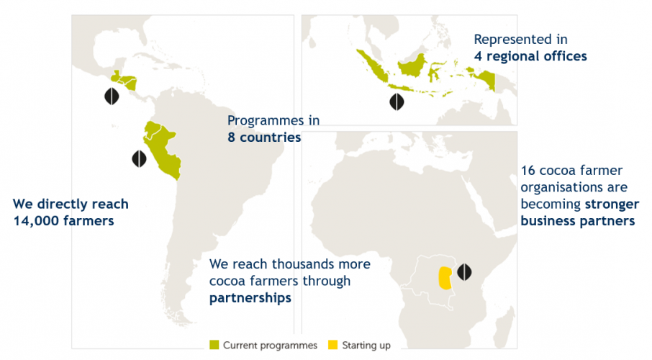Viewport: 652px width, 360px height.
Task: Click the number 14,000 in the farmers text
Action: point(36,220)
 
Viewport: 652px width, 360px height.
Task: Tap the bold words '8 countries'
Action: point(264,138)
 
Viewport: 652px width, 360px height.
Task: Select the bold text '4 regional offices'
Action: point(530,56)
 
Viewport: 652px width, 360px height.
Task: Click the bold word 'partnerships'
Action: point(250,298)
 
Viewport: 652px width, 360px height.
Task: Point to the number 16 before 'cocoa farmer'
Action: point(528,170)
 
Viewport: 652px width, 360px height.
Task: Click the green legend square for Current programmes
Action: point(214,345)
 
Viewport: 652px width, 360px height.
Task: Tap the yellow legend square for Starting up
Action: point(332,345)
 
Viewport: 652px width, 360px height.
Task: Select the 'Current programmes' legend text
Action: point(270,345)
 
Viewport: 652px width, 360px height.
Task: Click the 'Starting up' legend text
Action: point(366,345)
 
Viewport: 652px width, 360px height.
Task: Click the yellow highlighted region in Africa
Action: point(445,278)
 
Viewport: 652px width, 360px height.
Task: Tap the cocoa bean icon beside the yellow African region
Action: point(464,271)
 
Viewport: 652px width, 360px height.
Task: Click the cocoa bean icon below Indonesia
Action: point(397,102)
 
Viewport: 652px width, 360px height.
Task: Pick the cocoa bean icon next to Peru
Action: point(140,158)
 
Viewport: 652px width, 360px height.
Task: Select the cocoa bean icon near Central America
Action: point(112,96)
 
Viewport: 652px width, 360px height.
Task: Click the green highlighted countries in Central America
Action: point(124,81)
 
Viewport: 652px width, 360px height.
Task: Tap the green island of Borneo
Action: point(412,66)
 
